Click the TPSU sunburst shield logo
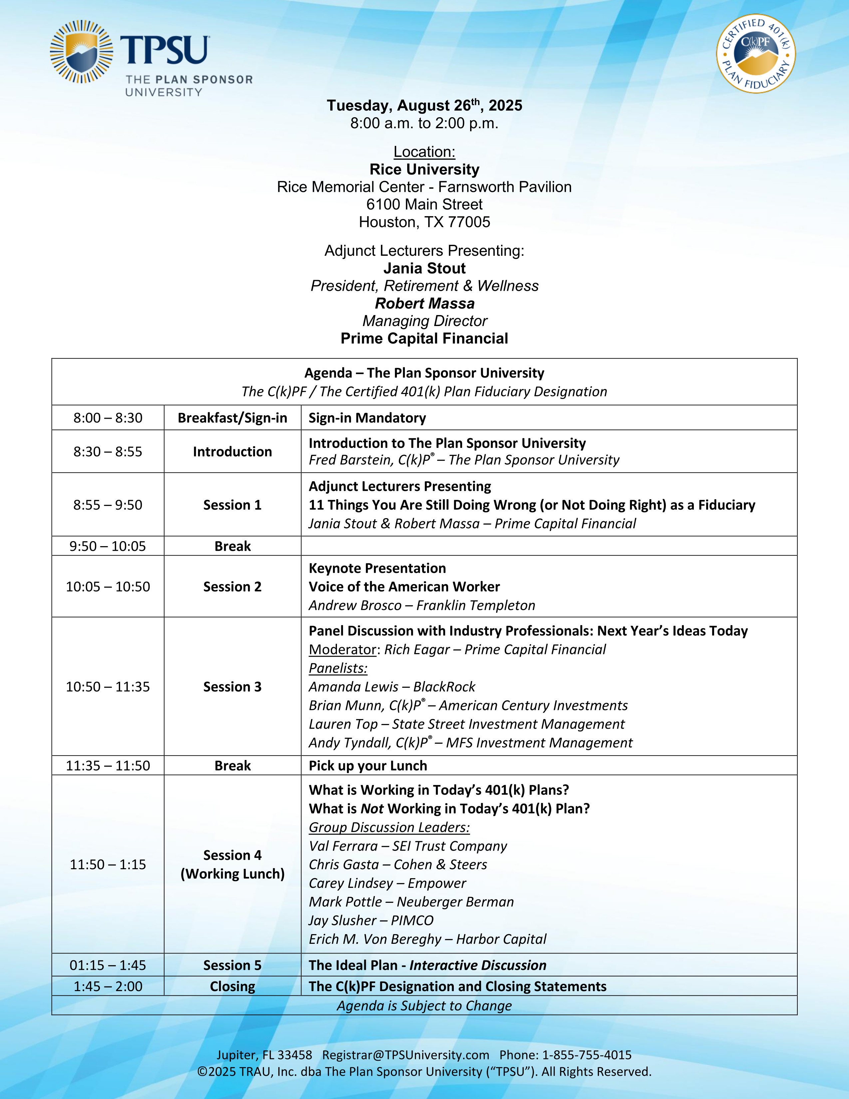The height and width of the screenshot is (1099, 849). tap(82, 51)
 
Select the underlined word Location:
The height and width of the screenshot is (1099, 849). tap(424, 152)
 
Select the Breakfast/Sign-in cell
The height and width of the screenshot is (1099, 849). tap(232, 418)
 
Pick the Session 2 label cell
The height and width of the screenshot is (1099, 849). tap(232, 587)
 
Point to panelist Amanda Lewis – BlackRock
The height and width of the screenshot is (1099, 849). tap(392, 687)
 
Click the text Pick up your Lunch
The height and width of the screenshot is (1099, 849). tap(368, 765)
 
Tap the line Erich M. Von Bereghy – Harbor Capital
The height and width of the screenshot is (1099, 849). tap(427, 939)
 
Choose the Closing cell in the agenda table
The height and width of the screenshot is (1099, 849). tap(232, 986)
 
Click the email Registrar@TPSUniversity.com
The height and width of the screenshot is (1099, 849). tap(406, 1055)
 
